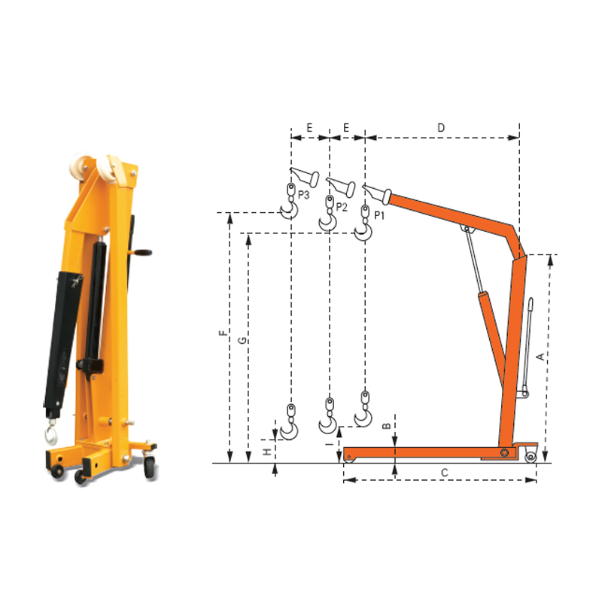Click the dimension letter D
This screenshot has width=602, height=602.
441,128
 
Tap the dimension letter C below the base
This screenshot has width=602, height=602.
445,473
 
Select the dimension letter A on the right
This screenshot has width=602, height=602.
540,357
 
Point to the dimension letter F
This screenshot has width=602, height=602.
223,333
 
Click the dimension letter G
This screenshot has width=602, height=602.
242,340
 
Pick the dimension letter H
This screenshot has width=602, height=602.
267,452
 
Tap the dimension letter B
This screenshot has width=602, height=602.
387,426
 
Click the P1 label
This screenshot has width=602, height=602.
379,215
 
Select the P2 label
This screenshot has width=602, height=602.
342,208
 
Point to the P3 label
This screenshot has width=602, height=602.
304,195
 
